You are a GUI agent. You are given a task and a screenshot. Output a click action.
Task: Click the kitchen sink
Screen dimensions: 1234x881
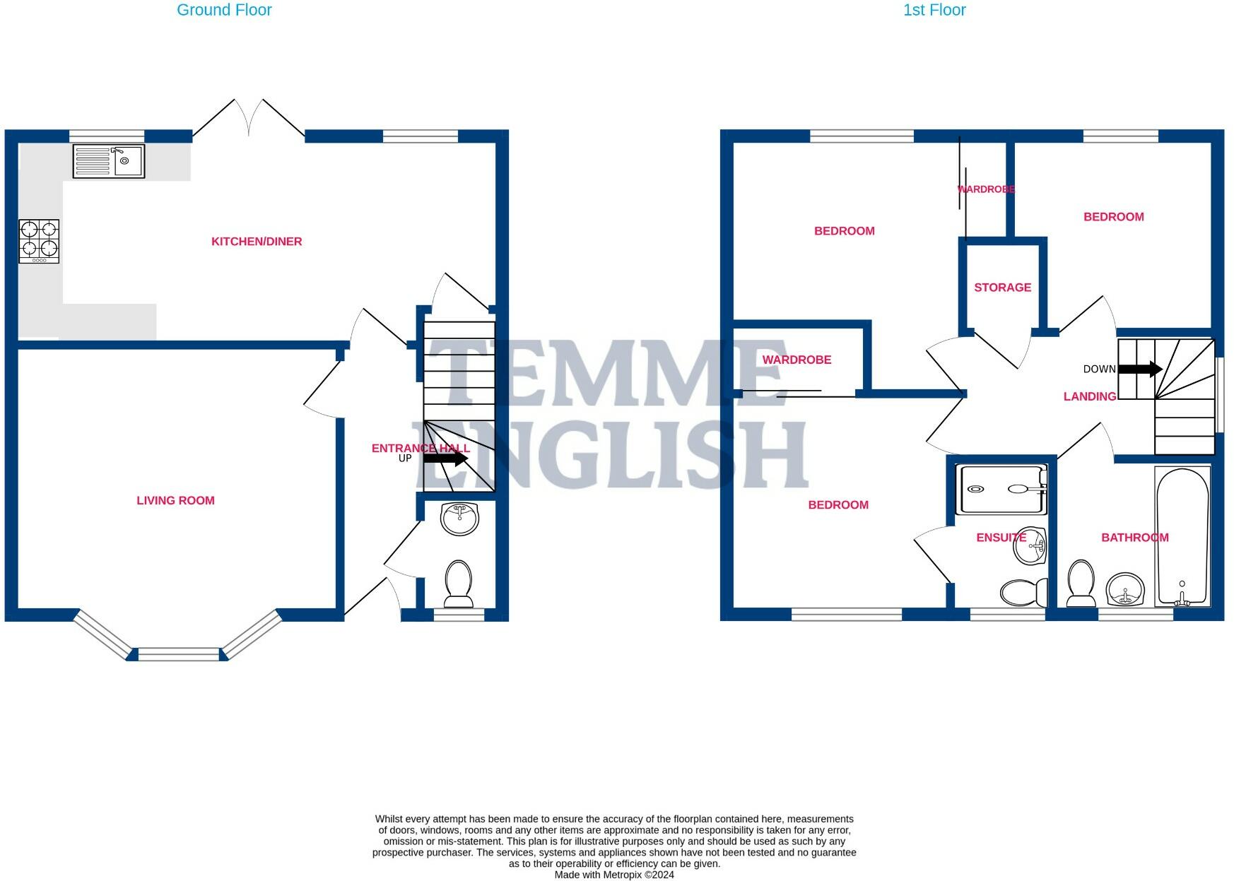(x=108, y=161)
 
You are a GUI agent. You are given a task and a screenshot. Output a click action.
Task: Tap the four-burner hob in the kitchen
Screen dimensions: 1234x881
(x=39, y=241)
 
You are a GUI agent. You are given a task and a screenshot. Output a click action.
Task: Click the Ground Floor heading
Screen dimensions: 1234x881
(x=224, y=10)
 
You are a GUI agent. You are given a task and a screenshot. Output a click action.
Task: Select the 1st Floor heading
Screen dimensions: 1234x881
(x=934, y=10)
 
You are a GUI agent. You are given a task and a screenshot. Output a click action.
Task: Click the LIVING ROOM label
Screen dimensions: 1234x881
(x=175, y=500)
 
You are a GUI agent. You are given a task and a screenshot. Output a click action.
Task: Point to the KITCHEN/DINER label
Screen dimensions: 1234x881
(x=257, y=242)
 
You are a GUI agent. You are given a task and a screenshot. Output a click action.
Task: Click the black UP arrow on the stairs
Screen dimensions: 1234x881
(x=445, y=458)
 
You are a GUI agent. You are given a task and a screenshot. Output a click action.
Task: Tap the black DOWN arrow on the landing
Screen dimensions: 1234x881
(x=1139, y=369)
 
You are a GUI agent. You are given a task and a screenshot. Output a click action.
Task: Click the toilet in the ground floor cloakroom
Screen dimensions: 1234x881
(x=459, y=584)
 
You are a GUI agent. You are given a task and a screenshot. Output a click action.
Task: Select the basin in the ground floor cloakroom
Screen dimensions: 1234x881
(x=459, y=518)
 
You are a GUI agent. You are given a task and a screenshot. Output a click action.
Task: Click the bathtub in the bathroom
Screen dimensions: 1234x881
(x=1182, y=536)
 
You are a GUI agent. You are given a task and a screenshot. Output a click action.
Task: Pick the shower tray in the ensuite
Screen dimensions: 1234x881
(x=1001, y=488)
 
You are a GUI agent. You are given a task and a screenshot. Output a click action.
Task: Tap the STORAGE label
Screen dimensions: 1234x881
(x=1002, y=288)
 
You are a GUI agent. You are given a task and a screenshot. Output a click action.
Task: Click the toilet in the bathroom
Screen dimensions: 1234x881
(x=1081, y=584)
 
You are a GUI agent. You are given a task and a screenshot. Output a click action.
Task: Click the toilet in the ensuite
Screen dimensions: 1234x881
(x=1024, y=593)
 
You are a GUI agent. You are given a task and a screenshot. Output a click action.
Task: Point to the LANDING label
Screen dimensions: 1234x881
(x=1089, y=397)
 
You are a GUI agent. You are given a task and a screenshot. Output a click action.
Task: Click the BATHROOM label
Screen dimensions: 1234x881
(x=1134, y=538)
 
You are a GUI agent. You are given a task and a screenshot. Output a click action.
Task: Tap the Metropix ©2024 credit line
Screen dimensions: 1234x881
(x=614, y=875)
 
